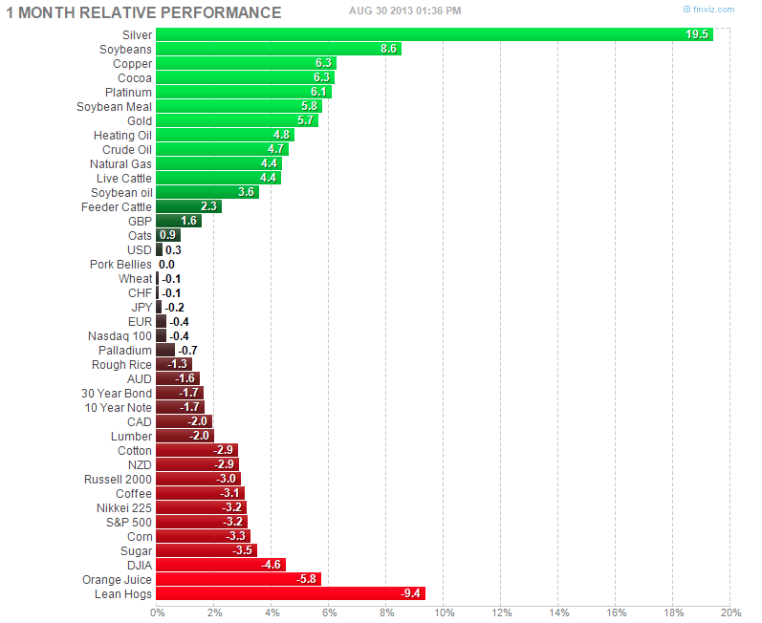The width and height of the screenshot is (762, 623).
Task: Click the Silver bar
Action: pyautogui.click(x=434, y=34)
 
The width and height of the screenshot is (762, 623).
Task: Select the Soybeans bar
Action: pyautogui.click(x=278, y=49)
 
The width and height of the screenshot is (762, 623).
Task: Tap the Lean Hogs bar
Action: pyautogui.click(x=290, y=593)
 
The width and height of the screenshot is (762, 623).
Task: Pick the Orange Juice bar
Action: pyautogui.click(x=238, y=579)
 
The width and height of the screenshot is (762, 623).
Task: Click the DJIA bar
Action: pyautogui.click(x=220, y=565)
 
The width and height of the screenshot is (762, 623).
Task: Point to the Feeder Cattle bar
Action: pyautogui.click(x=188, y=206)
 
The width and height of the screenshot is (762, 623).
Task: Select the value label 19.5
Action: pyautogui.click(x=697, y=34)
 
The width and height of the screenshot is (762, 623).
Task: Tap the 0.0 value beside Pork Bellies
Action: pyautogui.click(x=166, y=264)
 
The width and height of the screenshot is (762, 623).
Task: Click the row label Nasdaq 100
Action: pyautogui.click(x=120, y=335)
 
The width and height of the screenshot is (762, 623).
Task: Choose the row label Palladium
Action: pyautogui.click(x=124, y=350)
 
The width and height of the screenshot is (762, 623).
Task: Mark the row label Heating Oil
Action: pyautogui.click(x=122, y=135)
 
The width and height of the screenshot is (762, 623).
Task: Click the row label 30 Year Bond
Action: pyautogui.click(x=117, y=393)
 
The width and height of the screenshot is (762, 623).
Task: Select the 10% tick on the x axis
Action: pyautogui.click(x=444, y=612)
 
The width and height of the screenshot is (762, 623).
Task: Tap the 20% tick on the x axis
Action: pyautogui.click(x=730, y=612)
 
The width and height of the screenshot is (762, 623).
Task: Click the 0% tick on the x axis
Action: pyautogui.click(x=157, y=612)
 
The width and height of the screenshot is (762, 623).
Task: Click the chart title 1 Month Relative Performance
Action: pyautogui.click(x=144, y=12)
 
